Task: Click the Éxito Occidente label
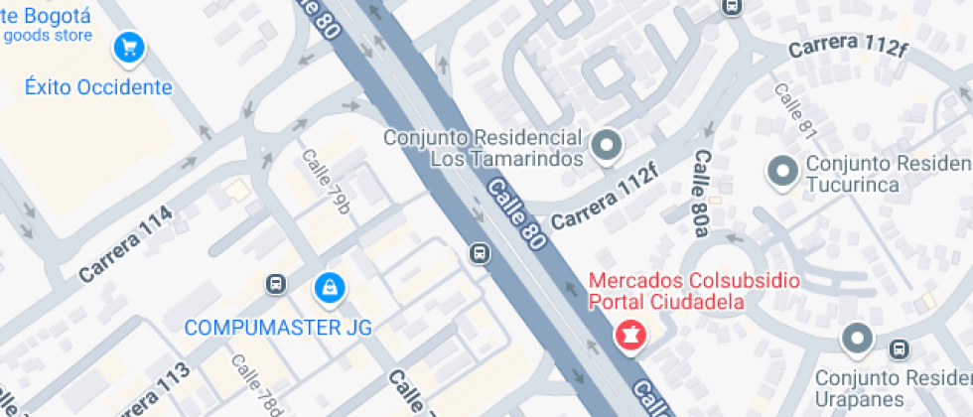(x=98, y=87)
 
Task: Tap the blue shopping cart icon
(x=128, y=47)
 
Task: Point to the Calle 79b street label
(x=327, y=181)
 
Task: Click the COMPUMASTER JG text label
(x=278, y=327)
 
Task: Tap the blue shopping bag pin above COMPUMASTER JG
(x=329, y=288)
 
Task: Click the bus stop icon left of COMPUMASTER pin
(x=276, y=286)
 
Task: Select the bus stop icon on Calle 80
(x=480, y=254)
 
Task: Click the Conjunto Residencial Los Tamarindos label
(x=482, y=147)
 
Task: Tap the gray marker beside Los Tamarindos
(x=606, y=148)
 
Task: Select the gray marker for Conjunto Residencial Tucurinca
(x=782, y=172)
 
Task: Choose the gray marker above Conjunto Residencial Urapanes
(x=856, y=340)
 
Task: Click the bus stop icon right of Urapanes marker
(x=900, y=349)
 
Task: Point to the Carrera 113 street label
(x=146, y=389)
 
